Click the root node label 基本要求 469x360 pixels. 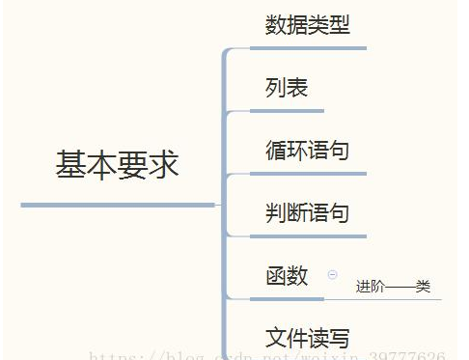[117, 164]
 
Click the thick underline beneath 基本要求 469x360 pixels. [117, 205]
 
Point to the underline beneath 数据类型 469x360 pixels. [308, 47]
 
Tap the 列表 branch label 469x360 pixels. [287, 88]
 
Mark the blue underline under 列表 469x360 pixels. [288, 111]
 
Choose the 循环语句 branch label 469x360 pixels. [307, 151]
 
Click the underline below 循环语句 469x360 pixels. [308, 174]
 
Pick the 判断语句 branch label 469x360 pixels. [307, 213]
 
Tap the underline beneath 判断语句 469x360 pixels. [308, 235]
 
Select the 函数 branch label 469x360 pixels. [287, 275]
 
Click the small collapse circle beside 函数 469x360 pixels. [333, 275]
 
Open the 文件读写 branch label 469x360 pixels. [307, 338]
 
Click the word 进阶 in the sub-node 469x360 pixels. [370, 287]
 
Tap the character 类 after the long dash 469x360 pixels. [423, 287]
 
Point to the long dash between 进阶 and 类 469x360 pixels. [400, 287]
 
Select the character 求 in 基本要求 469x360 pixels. [164, 164]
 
